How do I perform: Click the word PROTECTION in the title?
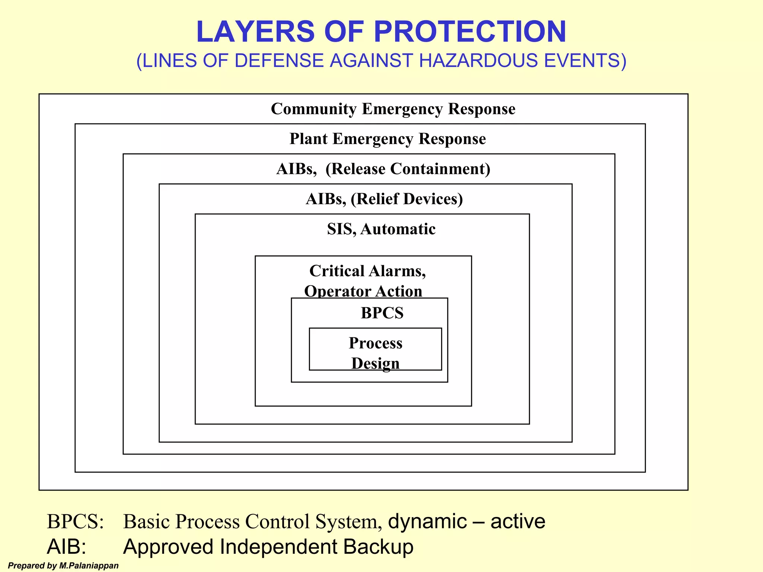470,32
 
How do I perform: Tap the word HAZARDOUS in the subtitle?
478,61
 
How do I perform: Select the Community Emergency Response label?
393,109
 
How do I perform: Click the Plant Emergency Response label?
387,139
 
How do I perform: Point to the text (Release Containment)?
408,169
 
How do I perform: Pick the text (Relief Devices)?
406,199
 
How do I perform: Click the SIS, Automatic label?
381,229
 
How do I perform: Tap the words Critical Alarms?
367,271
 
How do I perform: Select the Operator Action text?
363,291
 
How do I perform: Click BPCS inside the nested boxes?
382,313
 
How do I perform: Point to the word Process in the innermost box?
375,343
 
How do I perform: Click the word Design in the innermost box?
375,363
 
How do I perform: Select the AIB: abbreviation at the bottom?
67,547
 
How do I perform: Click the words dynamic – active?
466,521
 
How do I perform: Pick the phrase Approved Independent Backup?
268,547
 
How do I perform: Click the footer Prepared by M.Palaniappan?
63,566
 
